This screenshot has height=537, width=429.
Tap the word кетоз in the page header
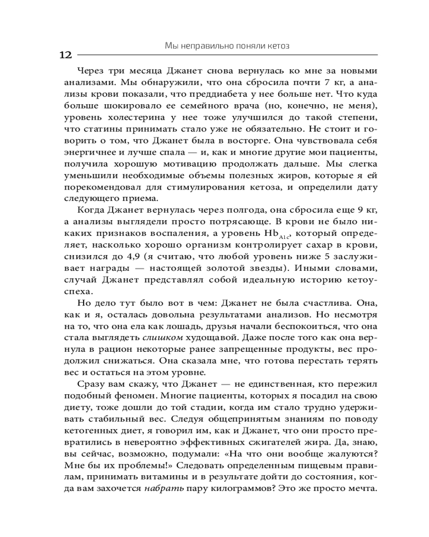tap(278, 46)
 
